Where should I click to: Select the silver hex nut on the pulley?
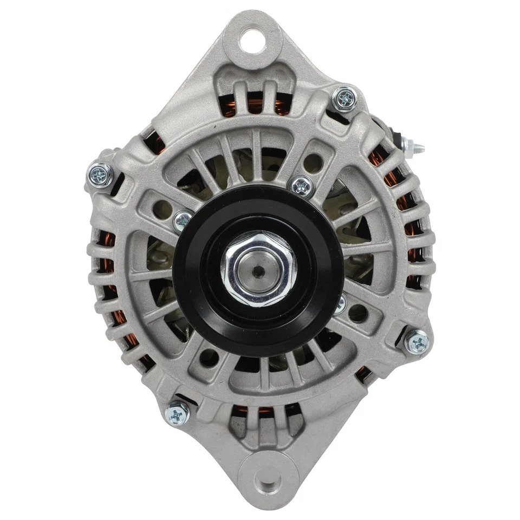click(x=258, y=269)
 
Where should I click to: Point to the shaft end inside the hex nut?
click(x=258, y=270)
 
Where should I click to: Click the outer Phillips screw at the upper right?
click(x=344, y=98)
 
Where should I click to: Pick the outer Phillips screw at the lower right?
click(x=417, y=341)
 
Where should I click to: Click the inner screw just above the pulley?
click(x=302, y=186)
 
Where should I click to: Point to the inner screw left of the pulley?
click(x=183, y=220)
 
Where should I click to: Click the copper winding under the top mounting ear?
click(x=255, y=106)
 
